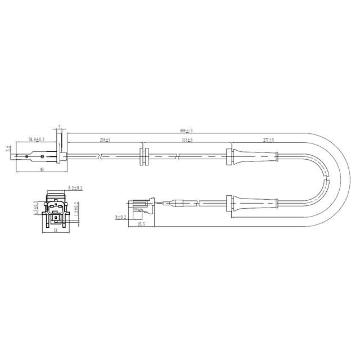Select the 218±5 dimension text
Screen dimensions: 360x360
pos(105,139)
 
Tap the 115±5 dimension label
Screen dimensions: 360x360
pos(187,139)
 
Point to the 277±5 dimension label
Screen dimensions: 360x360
pos(268,139)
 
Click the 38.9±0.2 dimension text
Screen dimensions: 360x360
pos(38,139)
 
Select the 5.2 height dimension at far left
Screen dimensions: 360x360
pos(8,150)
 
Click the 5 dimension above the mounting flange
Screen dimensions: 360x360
pos(59,127)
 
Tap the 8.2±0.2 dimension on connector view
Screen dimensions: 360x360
pos(75,188)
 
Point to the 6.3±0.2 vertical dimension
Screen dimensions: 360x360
pos(35,209)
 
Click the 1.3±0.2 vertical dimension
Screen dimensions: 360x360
pos(76,210)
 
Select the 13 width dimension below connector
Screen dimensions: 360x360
pos(55,231)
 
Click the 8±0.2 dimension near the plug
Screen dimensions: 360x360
pos(120,216)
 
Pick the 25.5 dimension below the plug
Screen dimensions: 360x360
pos(141,224)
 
